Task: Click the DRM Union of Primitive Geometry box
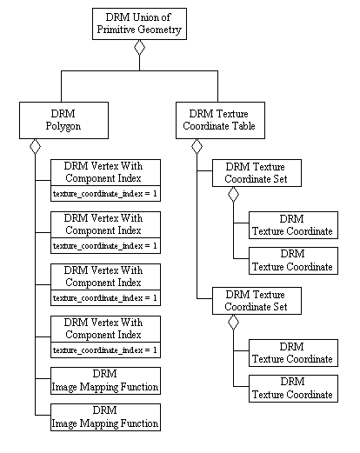(139, 23)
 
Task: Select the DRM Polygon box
(63, 120)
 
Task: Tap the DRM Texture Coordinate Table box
(220, 120)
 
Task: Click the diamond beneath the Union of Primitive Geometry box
(139, 47)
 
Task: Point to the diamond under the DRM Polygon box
(35, 146)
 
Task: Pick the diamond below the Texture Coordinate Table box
(197, 146)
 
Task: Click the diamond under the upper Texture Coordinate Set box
(233, 194)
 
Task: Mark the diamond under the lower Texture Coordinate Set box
(233, 322)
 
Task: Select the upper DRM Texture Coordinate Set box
(257, 173)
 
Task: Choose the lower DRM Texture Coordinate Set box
(257, 301)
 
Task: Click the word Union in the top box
(145, 17)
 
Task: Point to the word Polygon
(63, 126)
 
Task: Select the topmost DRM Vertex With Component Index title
(103, 172)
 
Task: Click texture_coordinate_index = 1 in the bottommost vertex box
(105, 350)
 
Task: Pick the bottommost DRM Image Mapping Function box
(105, 417)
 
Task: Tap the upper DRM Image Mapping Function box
(105, 381)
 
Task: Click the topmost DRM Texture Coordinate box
(293, 225)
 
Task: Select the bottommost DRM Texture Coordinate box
(293, 389)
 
